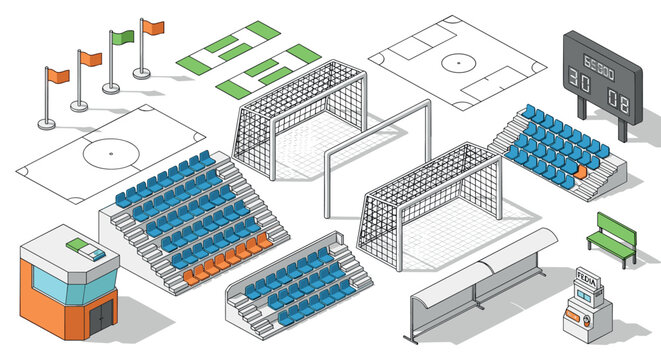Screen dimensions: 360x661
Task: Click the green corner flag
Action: coord(122,37)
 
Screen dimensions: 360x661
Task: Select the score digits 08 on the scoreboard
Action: coord(618,99)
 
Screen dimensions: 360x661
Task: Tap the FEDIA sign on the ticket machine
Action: coord(585,275)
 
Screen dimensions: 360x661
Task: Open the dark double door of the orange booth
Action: coord(100,318)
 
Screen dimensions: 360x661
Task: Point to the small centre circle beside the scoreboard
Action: coord(459,63)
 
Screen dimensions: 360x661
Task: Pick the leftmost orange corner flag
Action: coord(58,76)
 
